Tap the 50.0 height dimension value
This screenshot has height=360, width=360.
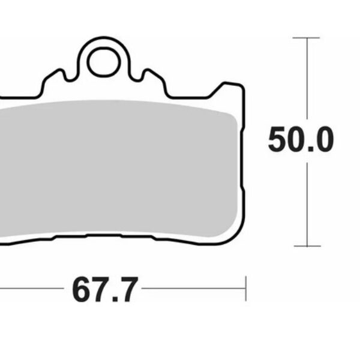coord(299,141)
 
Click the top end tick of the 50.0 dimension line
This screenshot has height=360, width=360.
coord(307,38)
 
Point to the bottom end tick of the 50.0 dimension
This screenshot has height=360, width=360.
coord(307,245)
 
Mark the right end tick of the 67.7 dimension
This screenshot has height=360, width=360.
coord(245,289)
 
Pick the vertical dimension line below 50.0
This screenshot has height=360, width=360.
coord(307,204)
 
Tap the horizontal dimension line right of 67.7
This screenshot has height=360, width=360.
coord(192,289)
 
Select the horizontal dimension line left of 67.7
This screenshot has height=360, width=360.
coord(30,289)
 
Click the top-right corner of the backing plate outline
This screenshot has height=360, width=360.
coord(241,87)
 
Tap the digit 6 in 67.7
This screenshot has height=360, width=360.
coord(83,290)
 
